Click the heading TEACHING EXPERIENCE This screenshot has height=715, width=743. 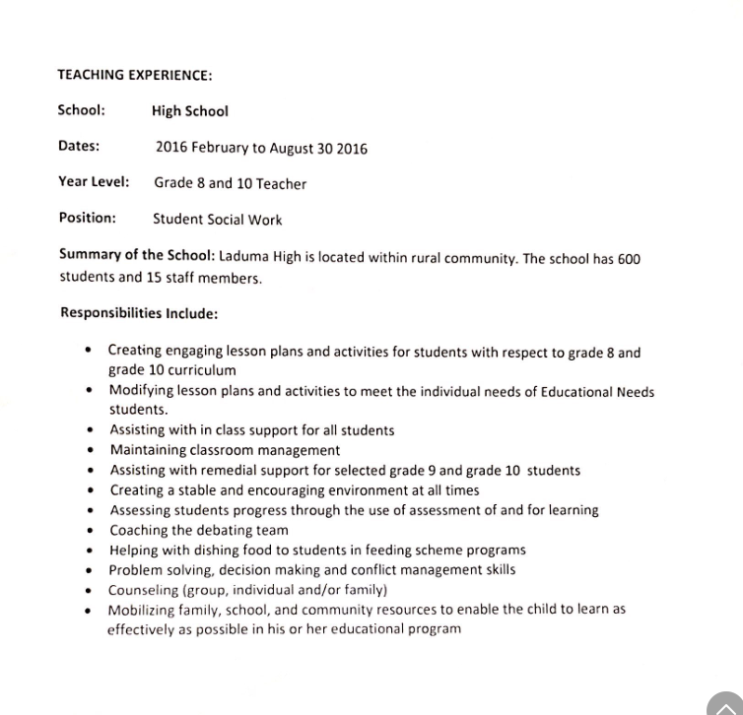point(135,75)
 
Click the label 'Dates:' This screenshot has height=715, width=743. point(79,146)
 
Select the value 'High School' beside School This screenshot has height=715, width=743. point(190,111)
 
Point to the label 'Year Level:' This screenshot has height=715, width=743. point(94,182)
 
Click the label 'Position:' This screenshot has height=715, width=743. point(87,218)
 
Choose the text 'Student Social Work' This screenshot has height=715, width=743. point(217,220)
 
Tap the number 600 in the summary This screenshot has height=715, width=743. point(629,259)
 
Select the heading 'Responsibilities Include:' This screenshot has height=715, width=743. point(139,313)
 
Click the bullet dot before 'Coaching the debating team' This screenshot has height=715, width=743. point(91,530)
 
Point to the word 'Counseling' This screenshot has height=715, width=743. point(144,589)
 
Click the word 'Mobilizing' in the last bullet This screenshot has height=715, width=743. point(143,609)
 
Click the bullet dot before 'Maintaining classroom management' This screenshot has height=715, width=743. point(91,450)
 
